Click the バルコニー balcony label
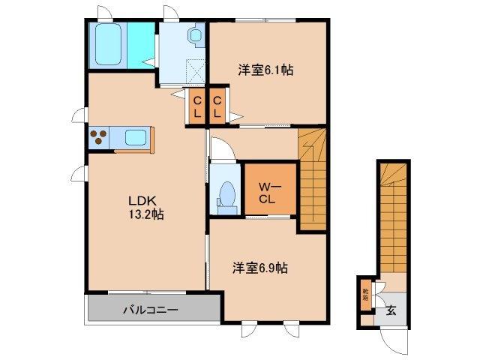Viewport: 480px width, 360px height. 150,309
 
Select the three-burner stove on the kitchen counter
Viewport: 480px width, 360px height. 99,137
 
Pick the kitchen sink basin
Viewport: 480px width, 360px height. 135,137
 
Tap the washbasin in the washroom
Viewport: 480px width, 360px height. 196,35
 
